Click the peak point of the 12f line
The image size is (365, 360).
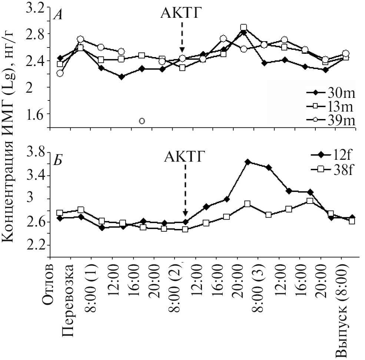[x=248, y=162]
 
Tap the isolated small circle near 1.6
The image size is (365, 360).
[x=142, y=121]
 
